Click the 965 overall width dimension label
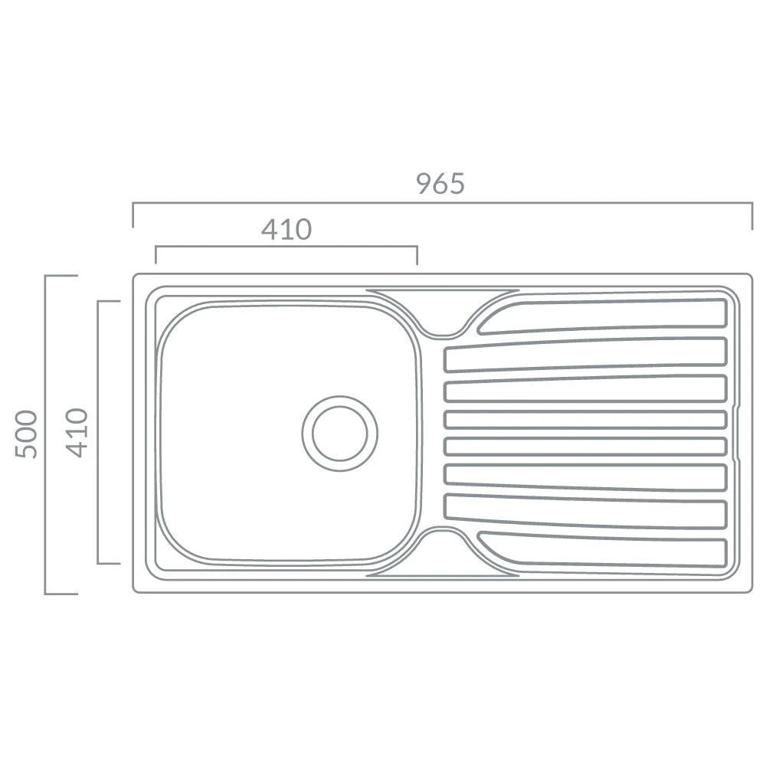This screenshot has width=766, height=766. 440,184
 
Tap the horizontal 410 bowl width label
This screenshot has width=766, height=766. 286,229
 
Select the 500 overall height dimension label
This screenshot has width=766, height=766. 26,434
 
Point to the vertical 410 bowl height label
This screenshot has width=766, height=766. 77,433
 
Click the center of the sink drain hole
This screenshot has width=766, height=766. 340,434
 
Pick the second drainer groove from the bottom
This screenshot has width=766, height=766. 585,512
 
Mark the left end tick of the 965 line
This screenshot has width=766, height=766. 133,215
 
